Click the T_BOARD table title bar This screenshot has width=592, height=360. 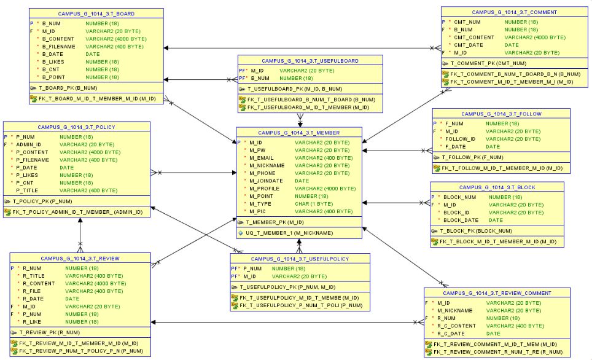click(96, 13)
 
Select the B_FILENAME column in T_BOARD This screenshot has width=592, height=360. click(58, 46)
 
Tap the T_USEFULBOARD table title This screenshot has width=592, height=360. click(311, 61)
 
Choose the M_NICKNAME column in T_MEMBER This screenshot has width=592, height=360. click(267, 165)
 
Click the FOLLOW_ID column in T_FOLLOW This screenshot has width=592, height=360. click(460, 139)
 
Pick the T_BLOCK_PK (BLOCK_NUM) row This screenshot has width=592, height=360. click(472, 231)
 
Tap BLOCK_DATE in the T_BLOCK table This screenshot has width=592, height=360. click(461, 220)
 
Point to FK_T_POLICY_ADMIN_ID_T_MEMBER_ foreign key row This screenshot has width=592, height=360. click(78, 212)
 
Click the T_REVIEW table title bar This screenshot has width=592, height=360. click(80, 259)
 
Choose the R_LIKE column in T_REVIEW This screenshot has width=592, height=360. click(34, 321)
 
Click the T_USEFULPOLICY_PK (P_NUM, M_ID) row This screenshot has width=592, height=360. click(288, 286)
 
